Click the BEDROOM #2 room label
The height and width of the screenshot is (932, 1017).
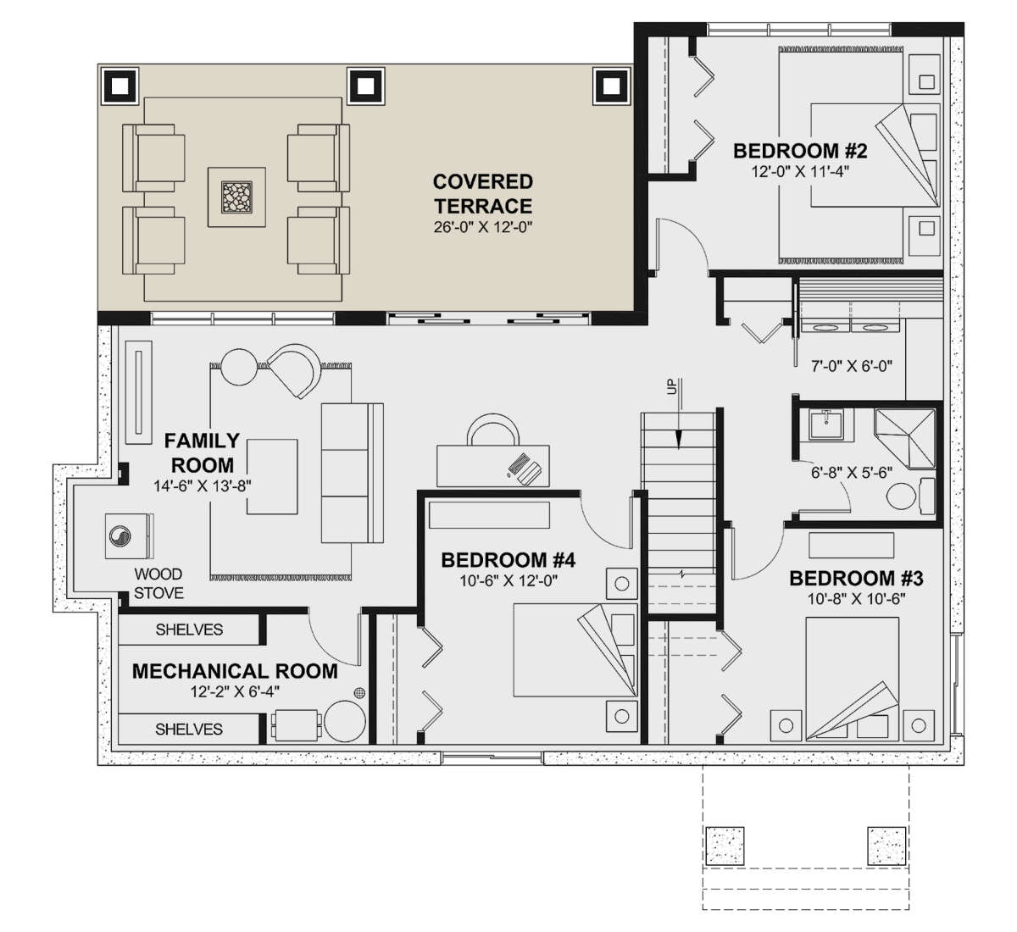point(800,151)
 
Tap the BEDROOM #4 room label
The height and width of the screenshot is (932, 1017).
point(508,560)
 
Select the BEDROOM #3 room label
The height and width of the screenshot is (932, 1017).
point(856,579)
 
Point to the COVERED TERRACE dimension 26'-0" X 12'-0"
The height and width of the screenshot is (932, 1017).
point(482,227)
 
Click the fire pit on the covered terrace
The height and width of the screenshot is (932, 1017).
point(236,197)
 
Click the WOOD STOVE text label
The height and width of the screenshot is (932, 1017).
point(158,584)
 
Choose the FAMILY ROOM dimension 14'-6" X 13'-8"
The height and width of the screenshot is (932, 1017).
point(203,485)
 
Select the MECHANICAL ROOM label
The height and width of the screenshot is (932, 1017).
point(235,671)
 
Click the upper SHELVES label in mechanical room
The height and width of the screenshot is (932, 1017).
point(189,630)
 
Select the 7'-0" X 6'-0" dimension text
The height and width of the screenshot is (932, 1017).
point(852,366)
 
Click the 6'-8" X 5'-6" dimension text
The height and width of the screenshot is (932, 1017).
point(852,473)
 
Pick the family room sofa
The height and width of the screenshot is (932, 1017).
point(353,473)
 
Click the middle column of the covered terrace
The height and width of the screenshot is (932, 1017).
point(365,86)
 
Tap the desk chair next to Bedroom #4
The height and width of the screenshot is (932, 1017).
point(493,430)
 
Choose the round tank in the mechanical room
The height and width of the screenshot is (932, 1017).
point(345,722)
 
